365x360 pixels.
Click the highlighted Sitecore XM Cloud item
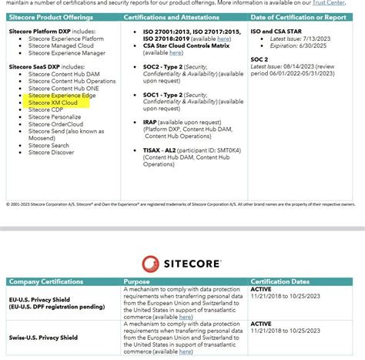53,103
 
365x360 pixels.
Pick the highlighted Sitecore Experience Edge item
62,96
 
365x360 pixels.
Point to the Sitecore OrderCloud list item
55,123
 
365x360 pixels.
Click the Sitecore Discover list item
52,152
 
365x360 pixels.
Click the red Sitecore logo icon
150,263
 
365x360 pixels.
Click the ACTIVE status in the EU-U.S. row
262,289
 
